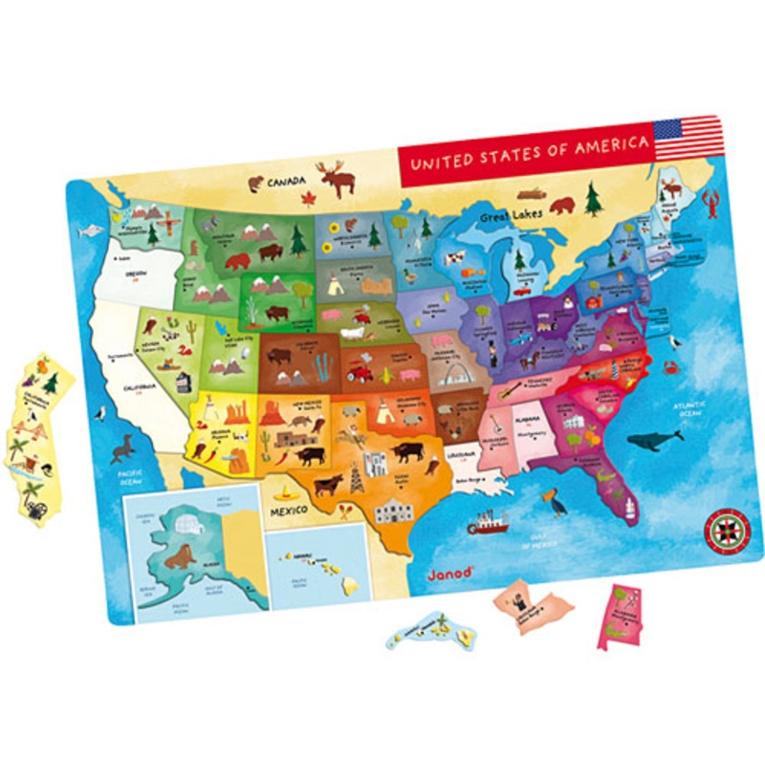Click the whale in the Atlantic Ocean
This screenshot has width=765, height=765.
point(656,439)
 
